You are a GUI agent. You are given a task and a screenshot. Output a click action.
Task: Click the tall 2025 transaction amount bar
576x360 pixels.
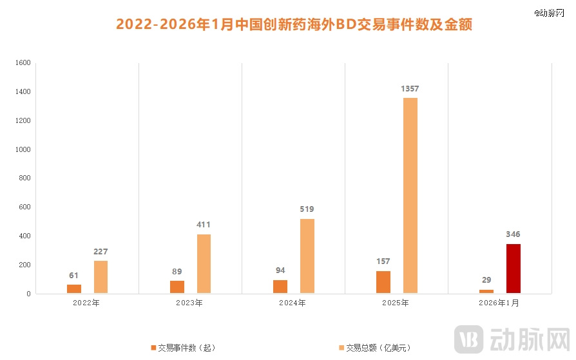coord(410,195)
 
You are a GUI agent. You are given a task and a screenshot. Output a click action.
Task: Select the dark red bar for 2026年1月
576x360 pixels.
coord(514,269)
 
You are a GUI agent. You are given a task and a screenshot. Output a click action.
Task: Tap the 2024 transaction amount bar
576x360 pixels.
coord(307,256)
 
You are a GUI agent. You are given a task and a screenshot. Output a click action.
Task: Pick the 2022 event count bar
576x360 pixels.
coord(74,289)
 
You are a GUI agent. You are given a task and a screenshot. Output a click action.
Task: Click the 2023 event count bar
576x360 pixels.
coord(177,287)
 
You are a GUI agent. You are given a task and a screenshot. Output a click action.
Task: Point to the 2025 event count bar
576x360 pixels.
coord(383,282)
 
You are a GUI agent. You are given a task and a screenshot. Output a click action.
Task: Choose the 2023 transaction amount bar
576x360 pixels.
coord(204,263)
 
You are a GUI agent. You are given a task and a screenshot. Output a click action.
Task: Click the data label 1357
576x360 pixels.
coord(410,88)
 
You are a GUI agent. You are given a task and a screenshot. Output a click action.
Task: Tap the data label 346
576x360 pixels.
coord(513,234)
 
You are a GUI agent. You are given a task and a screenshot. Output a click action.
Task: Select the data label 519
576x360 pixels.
coord(307,209)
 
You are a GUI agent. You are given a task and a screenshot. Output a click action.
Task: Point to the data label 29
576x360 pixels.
coord(486,280)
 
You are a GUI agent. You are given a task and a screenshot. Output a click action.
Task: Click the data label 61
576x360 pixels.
coord(74,275)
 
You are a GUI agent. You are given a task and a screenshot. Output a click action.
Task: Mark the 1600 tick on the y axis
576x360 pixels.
coord(23,63)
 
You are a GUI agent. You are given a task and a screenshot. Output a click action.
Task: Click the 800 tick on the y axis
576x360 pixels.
coord(25,178)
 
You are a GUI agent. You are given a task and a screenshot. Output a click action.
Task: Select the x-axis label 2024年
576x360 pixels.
coord(293,303)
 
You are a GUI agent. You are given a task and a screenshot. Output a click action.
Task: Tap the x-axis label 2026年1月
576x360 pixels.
coord(499,303)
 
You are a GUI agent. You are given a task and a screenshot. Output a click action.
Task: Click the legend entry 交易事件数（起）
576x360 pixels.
coord(183,348)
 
